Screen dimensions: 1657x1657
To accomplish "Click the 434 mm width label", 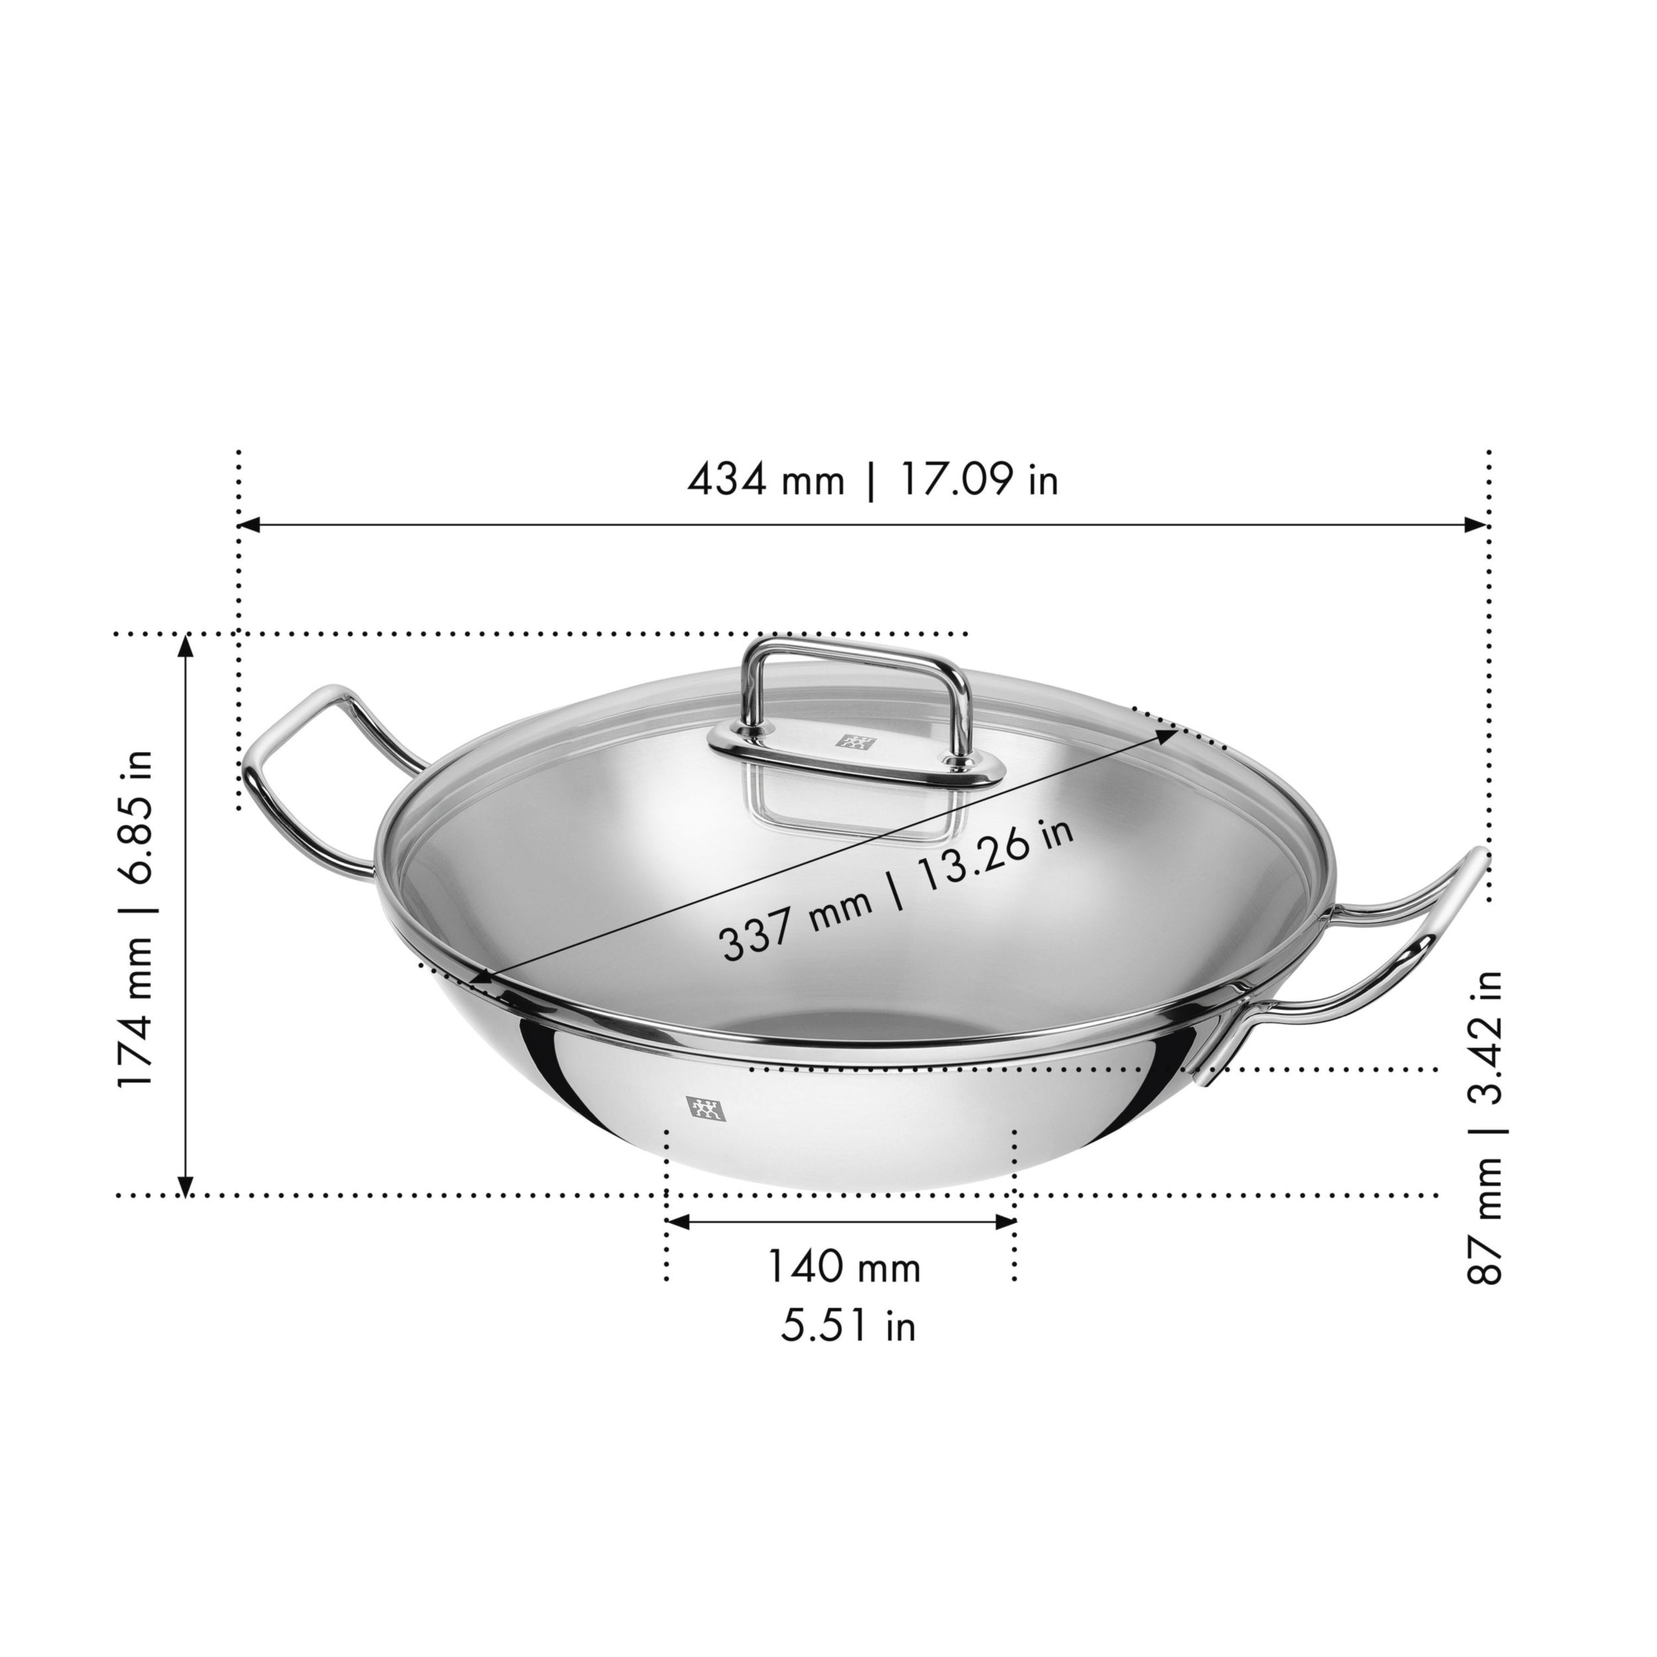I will tap(766, 481).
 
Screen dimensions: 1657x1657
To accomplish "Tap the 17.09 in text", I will tap(978, 481).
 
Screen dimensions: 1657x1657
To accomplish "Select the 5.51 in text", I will tap(847, 1325).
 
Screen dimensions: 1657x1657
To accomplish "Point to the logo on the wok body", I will tap(705, 1109).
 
